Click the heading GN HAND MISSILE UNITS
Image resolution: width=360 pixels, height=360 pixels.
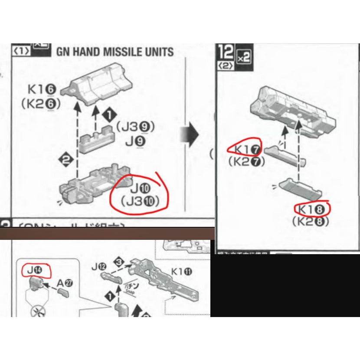pos(115,52)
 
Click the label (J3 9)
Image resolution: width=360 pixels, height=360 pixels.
pos(135,126)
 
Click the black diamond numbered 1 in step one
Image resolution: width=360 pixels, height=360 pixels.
pos(109,115)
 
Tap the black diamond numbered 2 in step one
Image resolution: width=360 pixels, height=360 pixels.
pos(65,160)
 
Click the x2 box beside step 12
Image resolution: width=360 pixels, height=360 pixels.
pos(244,57)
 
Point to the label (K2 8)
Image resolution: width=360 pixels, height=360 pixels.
pos(311,222)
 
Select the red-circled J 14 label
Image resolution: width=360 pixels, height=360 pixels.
pos(36,271)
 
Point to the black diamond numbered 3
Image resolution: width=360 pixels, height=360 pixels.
pos(120,261)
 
